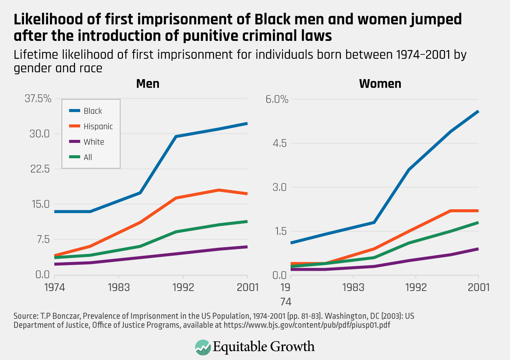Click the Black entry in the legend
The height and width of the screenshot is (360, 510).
pos(93,111)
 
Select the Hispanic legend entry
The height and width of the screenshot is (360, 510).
pos(98,126)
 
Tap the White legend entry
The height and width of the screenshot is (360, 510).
pos(94,142)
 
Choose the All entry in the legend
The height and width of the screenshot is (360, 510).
pos(88,157)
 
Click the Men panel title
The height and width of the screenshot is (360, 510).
pos(148,84)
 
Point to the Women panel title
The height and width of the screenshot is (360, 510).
pos(380,84)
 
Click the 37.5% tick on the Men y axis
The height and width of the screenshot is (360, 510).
pos(38,99)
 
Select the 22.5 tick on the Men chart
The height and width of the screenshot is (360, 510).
pos(40,169)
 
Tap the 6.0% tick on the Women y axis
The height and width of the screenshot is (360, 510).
pos(277,99)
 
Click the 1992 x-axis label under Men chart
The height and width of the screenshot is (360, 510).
pos(183,287)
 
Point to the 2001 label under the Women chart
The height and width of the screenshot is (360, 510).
pos(478,287)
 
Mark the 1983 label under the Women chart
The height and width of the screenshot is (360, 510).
pos(353,287)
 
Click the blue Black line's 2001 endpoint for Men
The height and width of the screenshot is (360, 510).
pos(247,123)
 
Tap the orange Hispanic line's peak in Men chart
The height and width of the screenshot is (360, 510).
pos(219,190)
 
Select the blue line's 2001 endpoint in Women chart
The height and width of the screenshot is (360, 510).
pos(478,111)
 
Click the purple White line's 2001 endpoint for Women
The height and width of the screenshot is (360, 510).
pos(478,249)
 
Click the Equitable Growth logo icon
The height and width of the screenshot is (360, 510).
pos(203,347)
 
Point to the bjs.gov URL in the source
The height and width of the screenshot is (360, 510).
pos(307,325)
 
